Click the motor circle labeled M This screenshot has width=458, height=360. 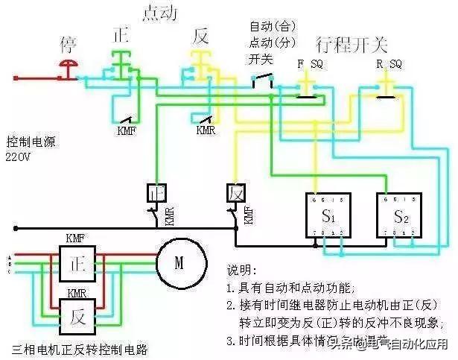coord(179,262)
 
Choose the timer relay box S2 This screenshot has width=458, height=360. coord(397,216)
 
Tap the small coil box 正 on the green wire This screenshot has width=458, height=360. coord(156,193)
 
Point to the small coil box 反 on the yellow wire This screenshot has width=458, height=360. coord(235,193)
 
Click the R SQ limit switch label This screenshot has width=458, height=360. coord(389,64)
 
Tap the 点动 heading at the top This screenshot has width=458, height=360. coord(159,13)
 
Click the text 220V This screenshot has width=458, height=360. coord(19,157)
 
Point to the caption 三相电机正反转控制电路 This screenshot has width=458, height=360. coord(80,348)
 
